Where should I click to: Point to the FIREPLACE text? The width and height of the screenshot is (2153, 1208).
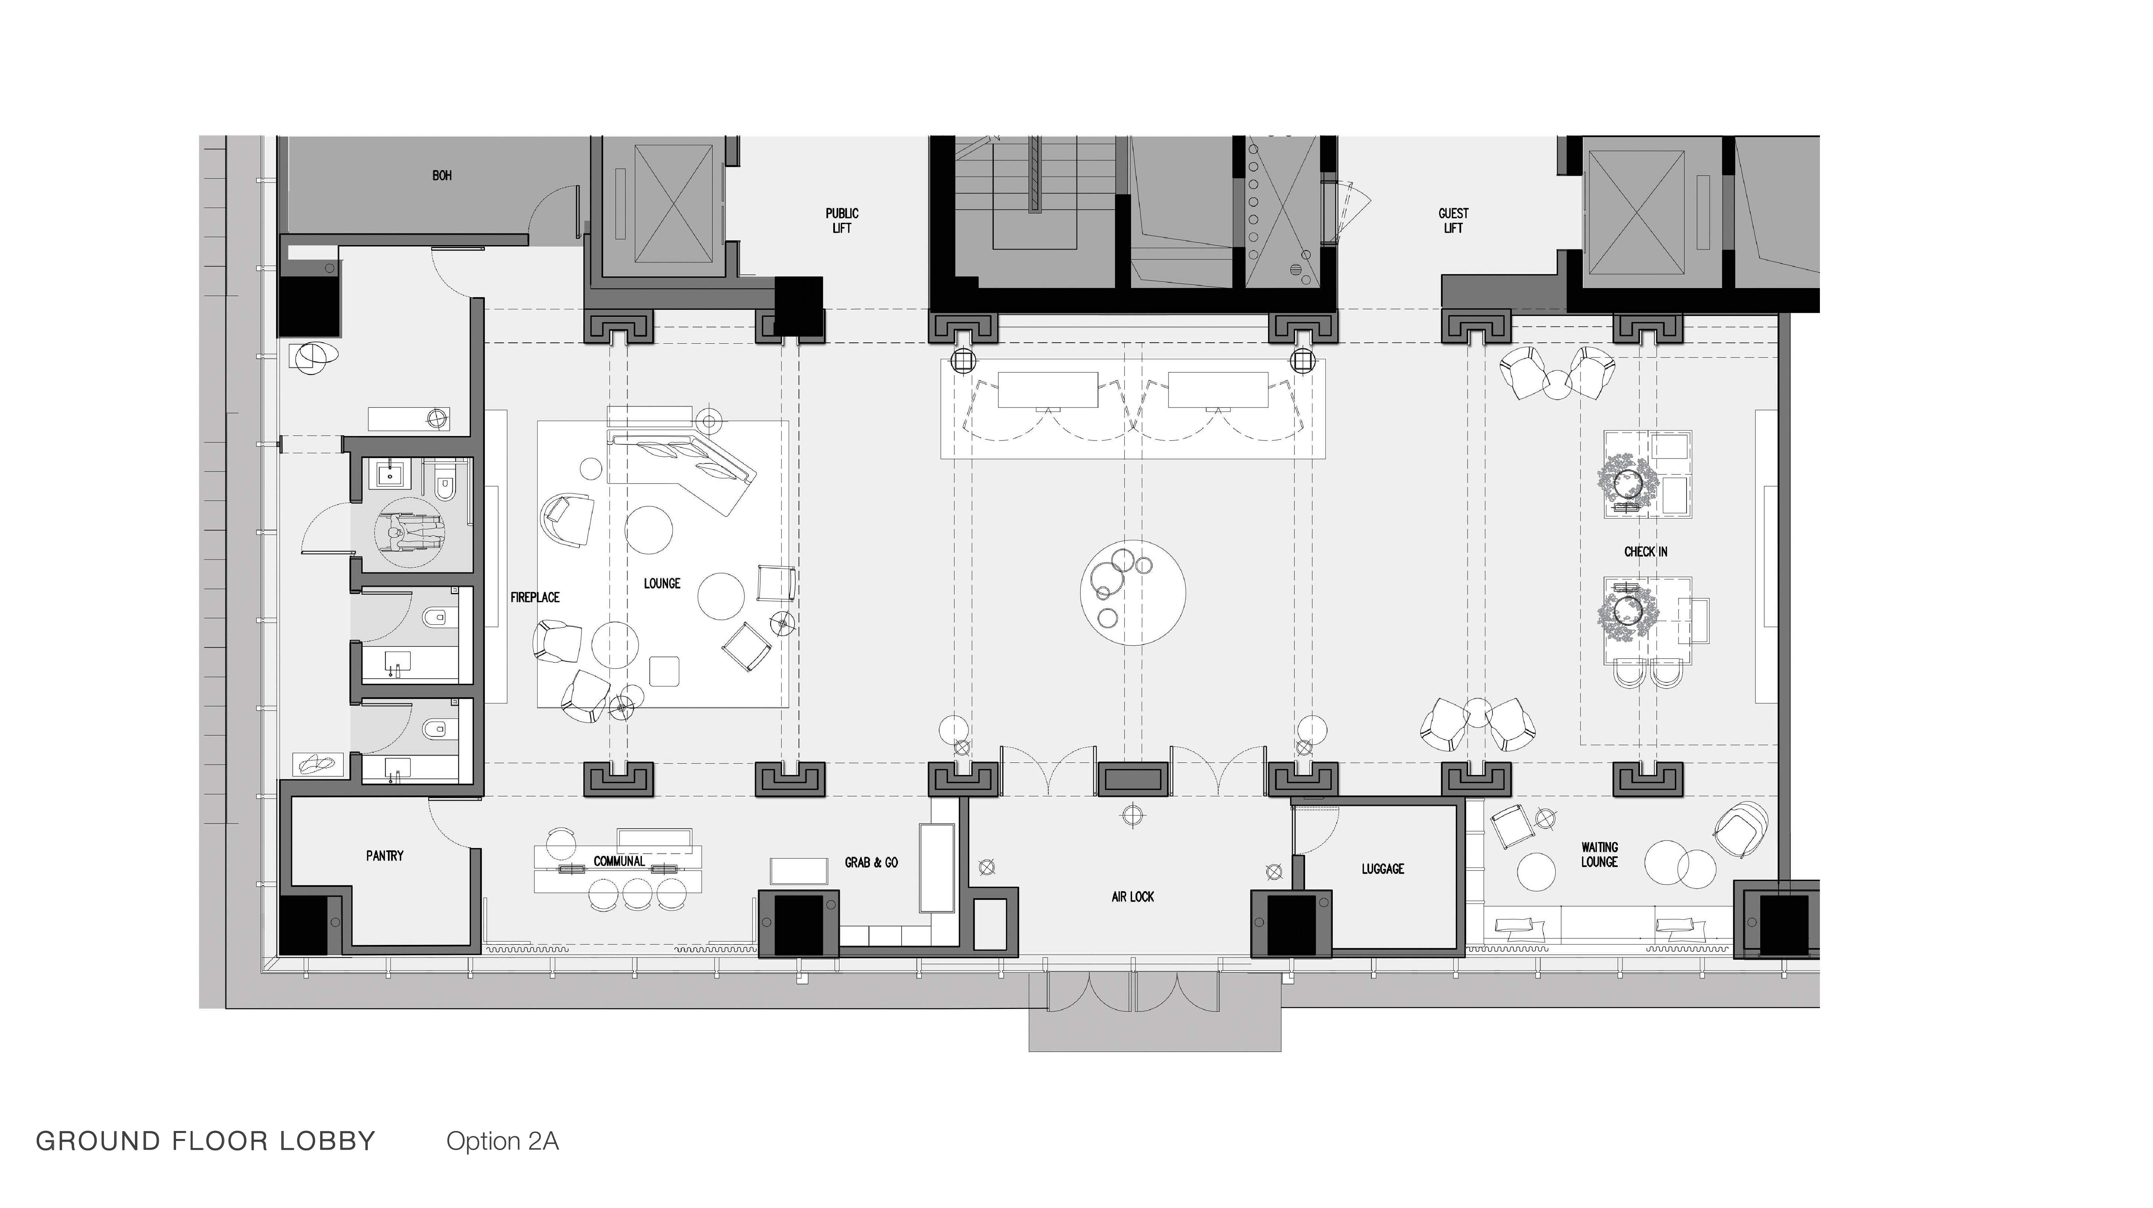tap(535, 597)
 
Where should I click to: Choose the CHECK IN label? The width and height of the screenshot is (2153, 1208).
tap(1646, 552)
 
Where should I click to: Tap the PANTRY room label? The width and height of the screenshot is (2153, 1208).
tap(384, 855)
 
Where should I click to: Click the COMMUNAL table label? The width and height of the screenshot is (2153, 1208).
tap(619, 861)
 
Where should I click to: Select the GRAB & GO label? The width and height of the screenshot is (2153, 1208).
tap(872, 862)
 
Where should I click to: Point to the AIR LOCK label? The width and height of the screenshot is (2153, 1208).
tap(1132, 896)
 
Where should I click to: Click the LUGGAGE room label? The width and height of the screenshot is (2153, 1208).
tap(1382, 869)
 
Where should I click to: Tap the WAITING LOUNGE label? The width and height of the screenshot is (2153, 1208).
tap(1599, 854)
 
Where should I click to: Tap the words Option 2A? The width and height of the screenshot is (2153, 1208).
tap(502, 1141)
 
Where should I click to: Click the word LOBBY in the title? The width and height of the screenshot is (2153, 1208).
tap(328, 1141)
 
